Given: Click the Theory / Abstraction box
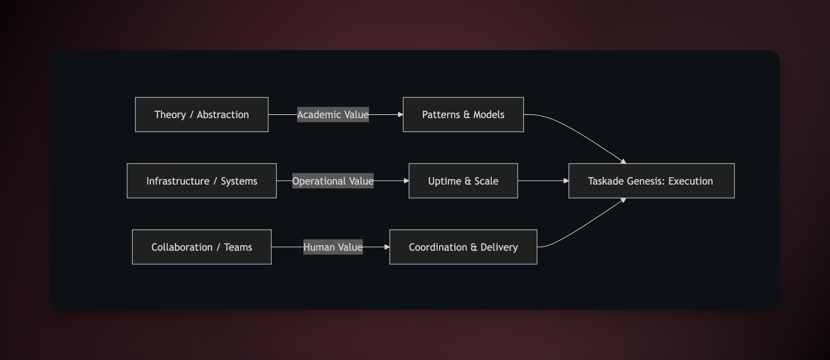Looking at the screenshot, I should pos(202,115).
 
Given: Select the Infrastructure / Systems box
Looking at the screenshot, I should pos(202,181).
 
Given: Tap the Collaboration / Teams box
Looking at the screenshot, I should pos(202,247).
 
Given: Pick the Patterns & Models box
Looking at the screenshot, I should pos(463,115).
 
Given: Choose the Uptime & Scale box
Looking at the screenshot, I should pos(463,181).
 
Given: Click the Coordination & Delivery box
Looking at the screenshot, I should pos(463,247).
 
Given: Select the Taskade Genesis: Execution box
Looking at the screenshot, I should pos(651,181).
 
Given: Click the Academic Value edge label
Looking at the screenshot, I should pos(333,115).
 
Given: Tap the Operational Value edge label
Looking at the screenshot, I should pos(333,181).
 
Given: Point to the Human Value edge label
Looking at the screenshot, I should pos(333,247).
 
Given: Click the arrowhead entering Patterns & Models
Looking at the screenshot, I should pos(400,115).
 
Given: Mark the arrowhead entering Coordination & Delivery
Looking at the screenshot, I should pos(387,247).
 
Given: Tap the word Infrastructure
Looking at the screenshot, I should pos(178,181).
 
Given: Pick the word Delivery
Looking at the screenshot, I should pos(499,247).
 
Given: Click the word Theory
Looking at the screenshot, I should pos(170,115).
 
